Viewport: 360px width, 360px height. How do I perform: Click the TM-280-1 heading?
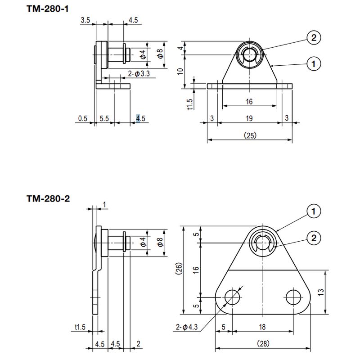pos(48,9)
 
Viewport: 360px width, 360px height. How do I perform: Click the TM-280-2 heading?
pos(48,198)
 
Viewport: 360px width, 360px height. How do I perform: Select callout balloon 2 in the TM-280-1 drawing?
pos(314,38)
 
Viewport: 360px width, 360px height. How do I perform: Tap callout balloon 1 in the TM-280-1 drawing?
pos(314,64)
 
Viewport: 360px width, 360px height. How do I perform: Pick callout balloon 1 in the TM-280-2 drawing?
pos(314,211)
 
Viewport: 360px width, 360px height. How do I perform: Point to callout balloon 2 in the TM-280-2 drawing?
pos(314,238)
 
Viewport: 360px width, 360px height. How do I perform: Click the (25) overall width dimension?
pos(250,135)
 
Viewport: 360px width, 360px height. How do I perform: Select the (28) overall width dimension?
pos(263,344)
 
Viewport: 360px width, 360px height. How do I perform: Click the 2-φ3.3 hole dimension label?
pos(139,74)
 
